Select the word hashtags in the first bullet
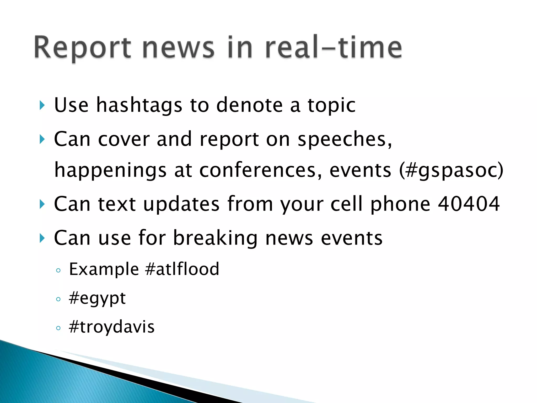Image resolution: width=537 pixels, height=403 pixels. (139, 105)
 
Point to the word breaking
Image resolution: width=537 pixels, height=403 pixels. (215, 238)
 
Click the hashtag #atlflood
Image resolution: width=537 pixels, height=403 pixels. (182, 269)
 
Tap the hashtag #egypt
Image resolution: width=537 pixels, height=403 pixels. (97, 299)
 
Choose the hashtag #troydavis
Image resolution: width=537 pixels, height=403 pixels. (112, 327)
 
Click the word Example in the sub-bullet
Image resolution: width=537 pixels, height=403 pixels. (104, 269)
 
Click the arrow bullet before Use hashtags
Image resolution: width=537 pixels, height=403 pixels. (42, 105)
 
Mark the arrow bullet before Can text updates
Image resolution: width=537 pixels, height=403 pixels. (42, 204)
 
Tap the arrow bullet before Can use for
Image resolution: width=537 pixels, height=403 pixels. (42, 238)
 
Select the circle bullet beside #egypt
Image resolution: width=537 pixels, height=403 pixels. (58, 299)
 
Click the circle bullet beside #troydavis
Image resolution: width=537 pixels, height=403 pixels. (58, 328)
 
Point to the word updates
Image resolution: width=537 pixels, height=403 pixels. (181, 204)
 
